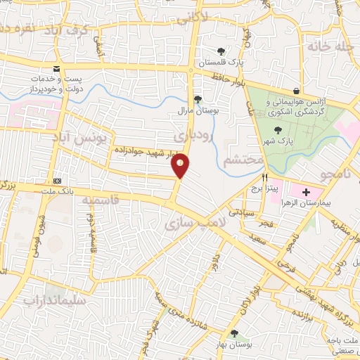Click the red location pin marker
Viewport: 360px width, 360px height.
click(181, 165)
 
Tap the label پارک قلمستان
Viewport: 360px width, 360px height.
click(221, 62)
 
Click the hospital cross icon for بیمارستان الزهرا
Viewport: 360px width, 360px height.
click(306, 192)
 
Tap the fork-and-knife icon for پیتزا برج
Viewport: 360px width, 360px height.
click(265, 178)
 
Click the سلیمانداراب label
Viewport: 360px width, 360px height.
click(50, 300)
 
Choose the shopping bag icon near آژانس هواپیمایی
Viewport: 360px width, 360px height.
click(297, 91)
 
